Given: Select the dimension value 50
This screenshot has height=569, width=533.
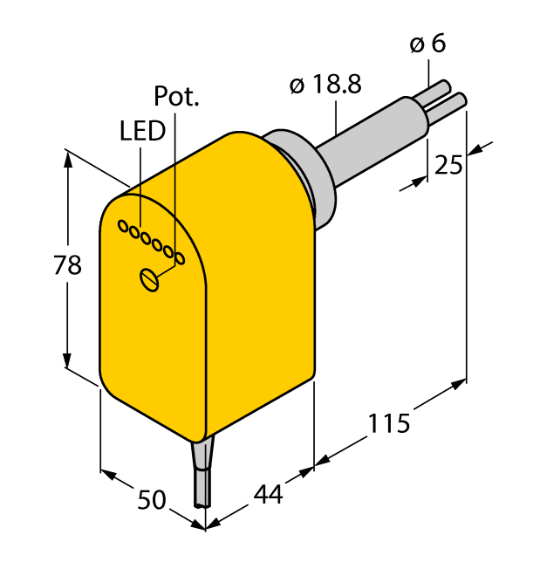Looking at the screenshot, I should (152, 500).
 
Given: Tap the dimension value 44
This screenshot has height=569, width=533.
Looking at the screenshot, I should (268, 494).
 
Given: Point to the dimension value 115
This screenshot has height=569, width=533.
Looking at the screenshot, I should (388, 424).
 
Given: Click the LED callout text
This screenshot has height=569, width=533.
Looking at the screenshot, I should (141, 131).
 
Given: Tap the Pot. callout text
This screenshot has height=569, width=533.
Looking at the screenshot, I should (176, 95).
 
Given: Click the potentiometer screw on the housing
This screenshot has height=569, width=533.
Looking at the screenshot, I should (151, 280).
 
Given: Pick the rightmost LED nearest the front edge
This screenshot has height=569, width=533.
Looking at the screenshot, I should (180, 257).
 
